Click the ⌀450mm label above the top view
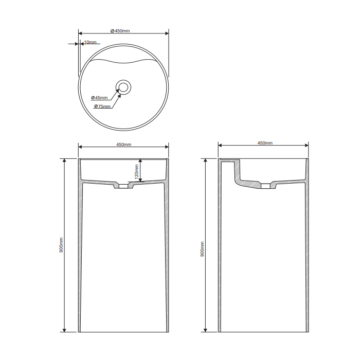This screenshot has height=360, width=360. (x=120, y=31)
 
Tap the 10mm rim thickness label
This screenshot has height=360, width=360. (x=90, y=42)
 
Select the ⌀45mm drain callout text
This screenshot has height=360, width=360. (x=99, y=98)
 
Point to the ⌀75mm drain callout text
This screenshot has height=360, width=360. (x=102, y=106)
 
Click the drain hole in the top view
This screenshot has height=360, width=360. (x=123, y=87)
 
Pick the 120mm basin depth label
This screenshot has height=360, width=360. (x=137, y=172)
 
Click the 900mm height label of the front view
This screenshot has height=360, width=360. (x=61, y=245)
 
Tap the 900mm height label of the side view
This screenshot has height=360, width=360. (x=202, y=249)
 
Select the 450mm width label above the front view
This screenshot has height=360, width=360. (x=124, y=145)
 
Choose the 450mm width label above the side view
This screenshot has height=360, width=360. (x=265, y=143)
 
